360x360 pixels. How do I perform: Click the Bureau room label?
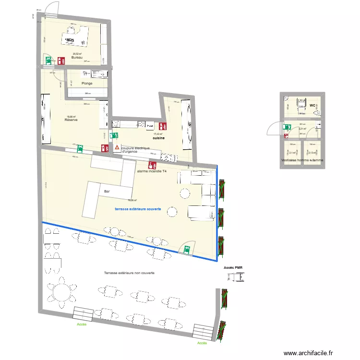[x=77, y=58]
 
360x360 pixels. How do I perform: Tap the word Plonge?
[x=86, y=83]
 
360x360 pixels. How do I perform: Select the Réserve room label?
[x=71, y=120]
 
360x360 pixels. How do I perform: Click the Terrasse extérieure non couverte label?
[x=129, y=273]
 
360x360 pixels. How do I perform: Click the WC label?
[x=312, y=105]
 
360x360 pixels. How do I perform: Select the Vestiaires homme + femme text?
[x=302, y=160]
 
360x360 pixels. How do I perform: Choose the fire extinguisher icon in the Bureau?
[x=61, y=60]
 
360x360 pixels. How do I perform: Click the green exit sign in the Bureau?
[x=48, y=60]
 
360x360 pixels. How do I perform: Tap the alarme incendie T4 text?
[x=152, y=171]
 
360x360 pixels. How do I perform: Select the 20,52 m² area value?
[x=77, y=54]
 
